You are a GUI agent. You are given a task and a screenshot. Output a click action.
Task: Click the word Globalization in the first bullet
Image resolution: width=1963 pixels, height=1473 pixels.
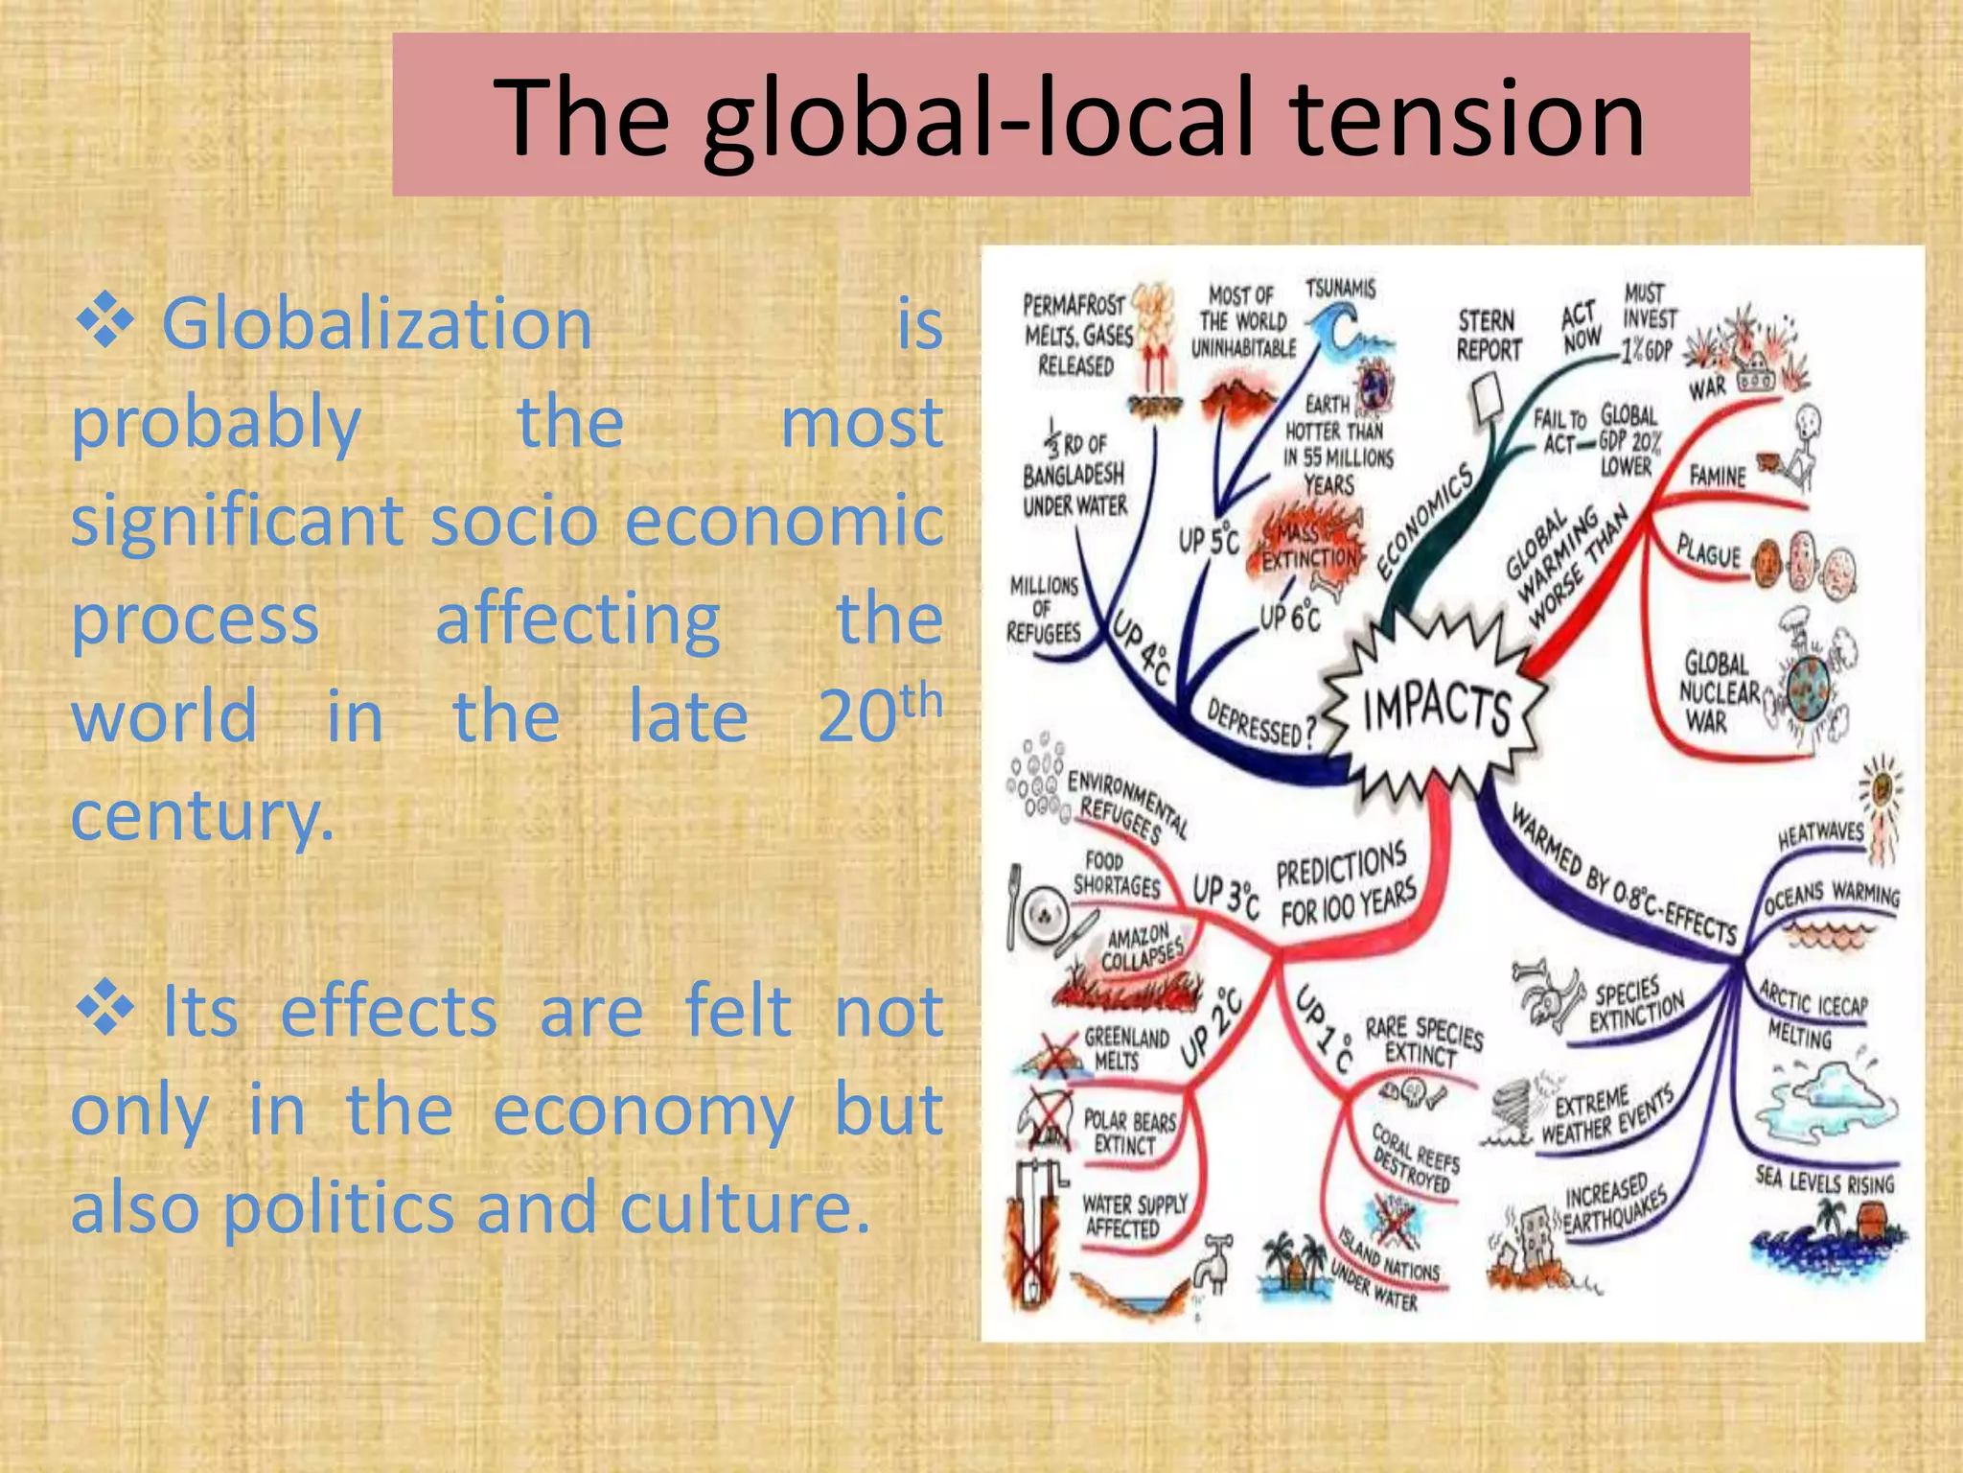point(377,324)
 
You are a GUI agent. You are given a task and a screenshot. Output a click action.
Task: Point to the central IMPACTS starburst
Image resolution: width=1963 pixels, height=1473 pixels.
point(1435,708)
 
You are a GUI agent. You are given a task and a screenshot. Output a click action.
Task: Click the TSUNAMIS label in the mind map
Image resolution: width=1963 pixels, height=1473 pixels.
point(1340,289)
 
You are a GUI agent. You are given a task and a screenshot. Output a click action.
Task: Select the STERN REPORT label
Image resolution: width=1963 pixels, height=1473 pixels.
point(1488,336)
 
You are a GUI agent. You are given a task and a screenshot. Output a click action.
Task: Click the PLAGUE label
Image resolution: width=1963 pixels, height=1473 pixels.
point(1708,551)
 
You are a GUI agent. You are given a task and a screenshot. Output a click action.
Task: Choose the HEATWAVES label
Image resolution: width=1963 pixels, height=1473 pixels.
point(1820,833)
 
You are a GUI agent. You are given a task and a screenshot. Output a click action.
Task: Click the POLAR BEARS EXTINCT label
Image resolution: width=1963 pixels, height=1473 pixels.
point(1128,1133)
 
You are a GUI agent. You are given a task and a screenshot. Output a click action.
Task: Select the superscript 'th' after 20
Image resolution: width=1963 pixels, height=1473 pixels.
point(921,701)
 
